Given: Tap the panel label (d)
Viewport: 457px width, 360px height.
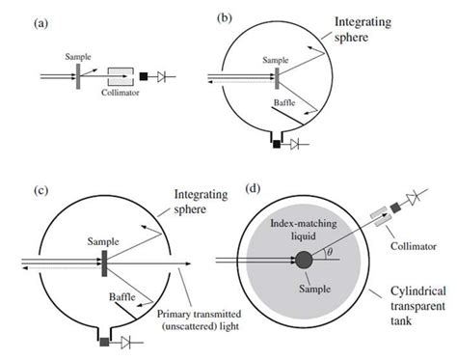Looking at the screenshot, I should [x=254, y=190].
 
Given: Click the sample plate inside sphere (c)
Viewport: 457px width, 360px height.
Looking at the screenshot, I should [x=101, y=260].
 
